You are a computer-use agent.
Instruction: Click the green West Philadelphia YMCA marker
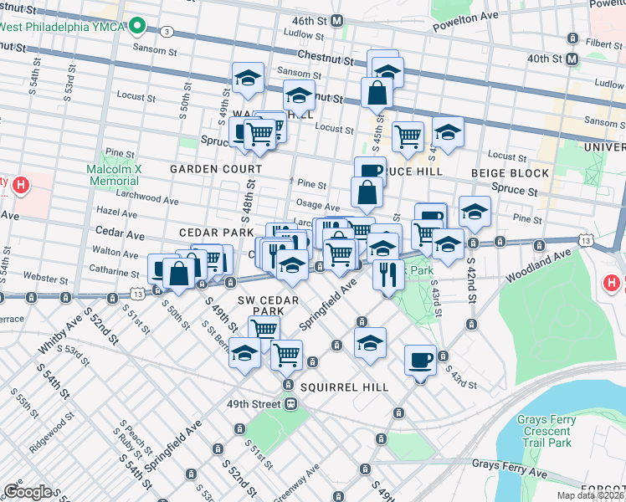[x=140, y=26]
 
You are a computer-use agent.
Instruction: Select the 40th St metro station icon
[x=572, y=59]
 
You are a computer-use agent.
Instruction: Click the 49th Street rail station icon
[x=290, y=404]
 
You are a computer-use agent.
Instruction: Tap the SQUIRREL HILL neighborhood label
[x=344, y=387]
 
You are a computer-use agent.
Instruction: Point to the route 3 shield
[x=168, y=32]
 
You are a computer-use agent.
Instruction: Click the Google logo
[x=28, y=492]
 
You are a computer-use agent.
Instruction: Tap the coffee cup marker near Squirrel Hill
[x=420, y=361]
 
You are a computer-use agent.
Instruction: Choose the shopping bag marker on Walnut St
[x=377, y=94]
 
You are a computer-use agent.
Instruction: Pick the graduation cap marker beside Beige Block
[x=475, y=212]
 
